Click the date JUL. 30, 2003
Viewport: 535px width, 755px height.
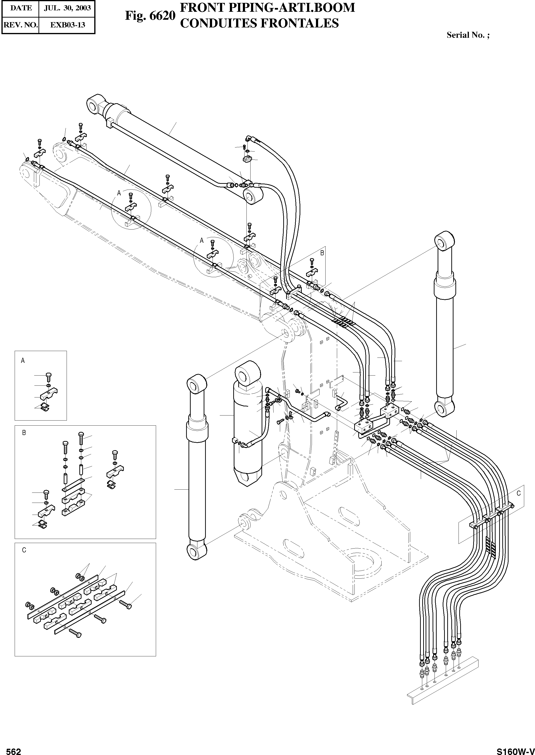point(67,8)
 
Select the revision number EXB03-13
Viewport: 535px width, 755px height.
point(67,25)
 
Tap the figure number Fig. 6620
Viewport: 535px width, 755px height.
point(150,15)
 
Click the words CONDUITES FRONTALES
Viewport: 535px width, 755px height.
point(260,23)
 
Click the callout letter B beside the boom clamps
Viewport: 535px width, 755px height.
point(322,253)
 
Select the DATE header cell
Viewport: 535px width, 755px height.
point(21,8)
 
